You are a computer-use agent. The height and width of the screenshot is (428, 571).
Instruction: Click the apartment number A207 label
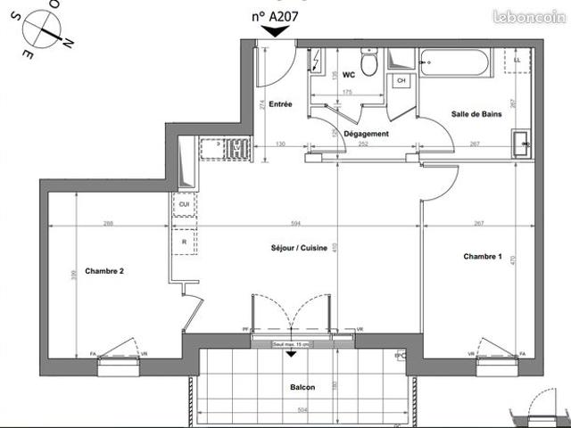point(275,14)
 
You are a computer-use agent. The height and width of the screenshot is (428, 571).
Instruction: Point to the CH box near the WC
point(401,81)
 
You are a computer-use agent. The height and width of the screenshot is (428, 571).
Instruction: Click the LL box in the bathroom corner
point(516,60)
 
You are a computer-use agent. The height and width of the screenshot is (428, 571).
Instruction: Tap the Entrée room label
point(281,104)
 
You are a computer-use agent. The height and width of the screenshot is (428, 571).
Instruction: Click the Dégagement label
point(366,134)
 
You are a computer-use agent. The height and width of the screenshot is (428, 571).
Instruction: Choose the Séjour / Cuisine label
point(297,247)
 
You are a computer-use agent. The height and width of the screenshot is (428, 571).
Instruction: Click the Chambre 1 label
point(483,257)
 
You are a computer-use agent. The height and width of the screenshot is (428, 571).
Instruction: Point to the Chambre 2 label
point(104,271)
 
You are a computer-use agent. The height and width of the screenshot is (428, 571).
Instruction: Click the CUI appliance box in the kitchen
point(184,204)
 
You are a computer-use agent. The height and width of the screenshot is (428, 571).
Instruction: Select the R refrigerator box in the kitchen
point(184,242)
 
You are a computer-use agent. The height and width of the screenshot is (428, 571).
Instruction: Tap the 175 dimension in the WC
point(345,93)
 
